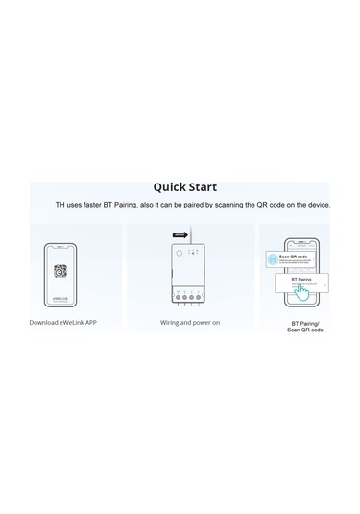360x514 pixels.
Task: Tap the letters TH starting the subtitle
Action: pos(60,206)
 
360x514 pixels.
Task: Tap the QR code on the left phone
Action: pos(61,272)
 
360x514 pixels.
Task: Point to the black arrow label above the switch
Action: pos(180,233)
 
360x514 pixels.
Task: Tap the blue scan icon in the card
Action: pos(272,258)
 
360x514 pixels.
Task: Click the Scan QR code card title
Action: pos(292,257)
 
